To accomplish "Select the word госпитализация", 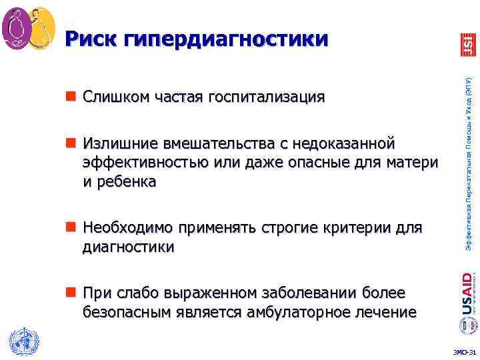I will (x=267, y=97).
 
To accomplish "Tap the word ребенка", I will (x=126, y=181).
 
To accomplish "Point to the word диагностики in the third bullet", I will (x=129, y=247).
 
